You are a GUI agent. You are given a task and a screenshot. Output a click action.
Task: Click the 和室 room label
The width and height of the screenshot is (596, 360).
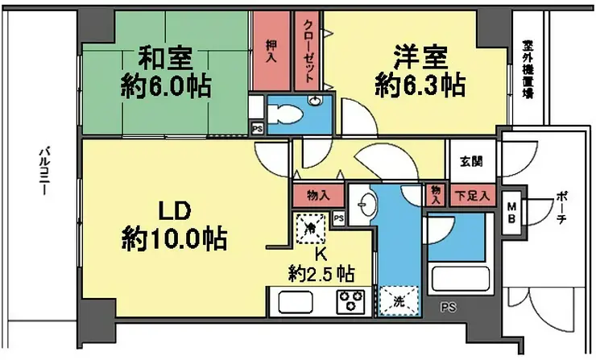pyautogui.click(x=165, y=58)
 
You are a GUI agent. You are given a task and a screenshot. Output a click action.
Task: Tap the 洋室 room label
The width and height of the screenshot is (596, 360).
pyautogui.click(x=420, y=58)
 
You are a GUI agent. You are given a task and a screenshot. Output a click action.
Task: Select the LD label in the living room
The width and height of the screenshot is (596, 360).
pyautogui.click(x=174, y=212)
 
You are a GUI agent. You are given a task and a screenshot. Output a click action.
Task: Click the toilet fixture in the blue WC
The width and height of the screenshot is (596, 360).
pyautogui.click(x=284, y=114)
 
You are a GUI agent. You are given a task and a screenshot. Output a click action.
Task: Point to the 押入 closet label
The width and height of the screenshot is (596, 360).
pyautogui.click(x=271, y=52)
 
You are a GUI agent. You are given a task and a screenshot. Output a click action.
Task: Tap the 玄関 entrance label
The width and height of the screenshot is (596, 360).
pyautogui.click(x=471, y=161)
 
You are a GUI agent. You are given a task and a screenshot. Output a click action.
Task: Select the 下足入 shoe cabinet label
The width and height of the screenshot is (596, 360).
pyautogui.click(x=473, y=196)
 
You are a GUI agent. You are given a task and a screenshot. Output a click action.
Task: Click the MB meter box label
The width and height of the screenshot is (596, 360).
pyautogui.click(x=511, y=213)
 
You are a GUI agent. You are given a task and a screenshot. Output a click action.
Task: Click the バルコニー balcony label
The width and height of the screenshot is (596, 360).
pyautogui.click(x=44, y=171)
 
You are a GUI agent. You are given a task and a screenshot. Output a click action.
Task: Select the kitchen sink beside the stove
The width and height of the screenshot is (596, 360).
pyautogui.click(x=296, y=302)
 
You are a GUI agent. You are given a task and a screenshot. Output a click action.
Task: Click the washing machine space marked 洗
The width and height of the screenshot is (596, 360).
pyautogui.click(x=399, y=301)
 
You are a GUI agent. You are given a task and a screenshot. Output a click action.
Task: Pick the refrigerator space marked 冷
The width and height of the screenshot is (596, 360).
pyautogui.click(x=311, y=229)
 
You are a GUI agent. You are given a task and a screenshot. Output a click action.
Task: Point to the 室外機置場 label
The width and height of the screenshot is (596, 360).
pyautogui.click(x=527, y=69)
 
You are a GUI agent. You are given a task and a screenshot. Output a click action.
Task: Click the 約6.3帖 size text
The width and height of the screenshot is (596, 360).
pyautogui.click(x=420, y=85)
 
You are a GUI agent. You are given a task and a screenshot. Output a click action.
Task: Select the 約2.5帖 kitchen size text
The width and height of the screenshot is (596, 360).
pyautogui.click(x=321, y=273)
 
